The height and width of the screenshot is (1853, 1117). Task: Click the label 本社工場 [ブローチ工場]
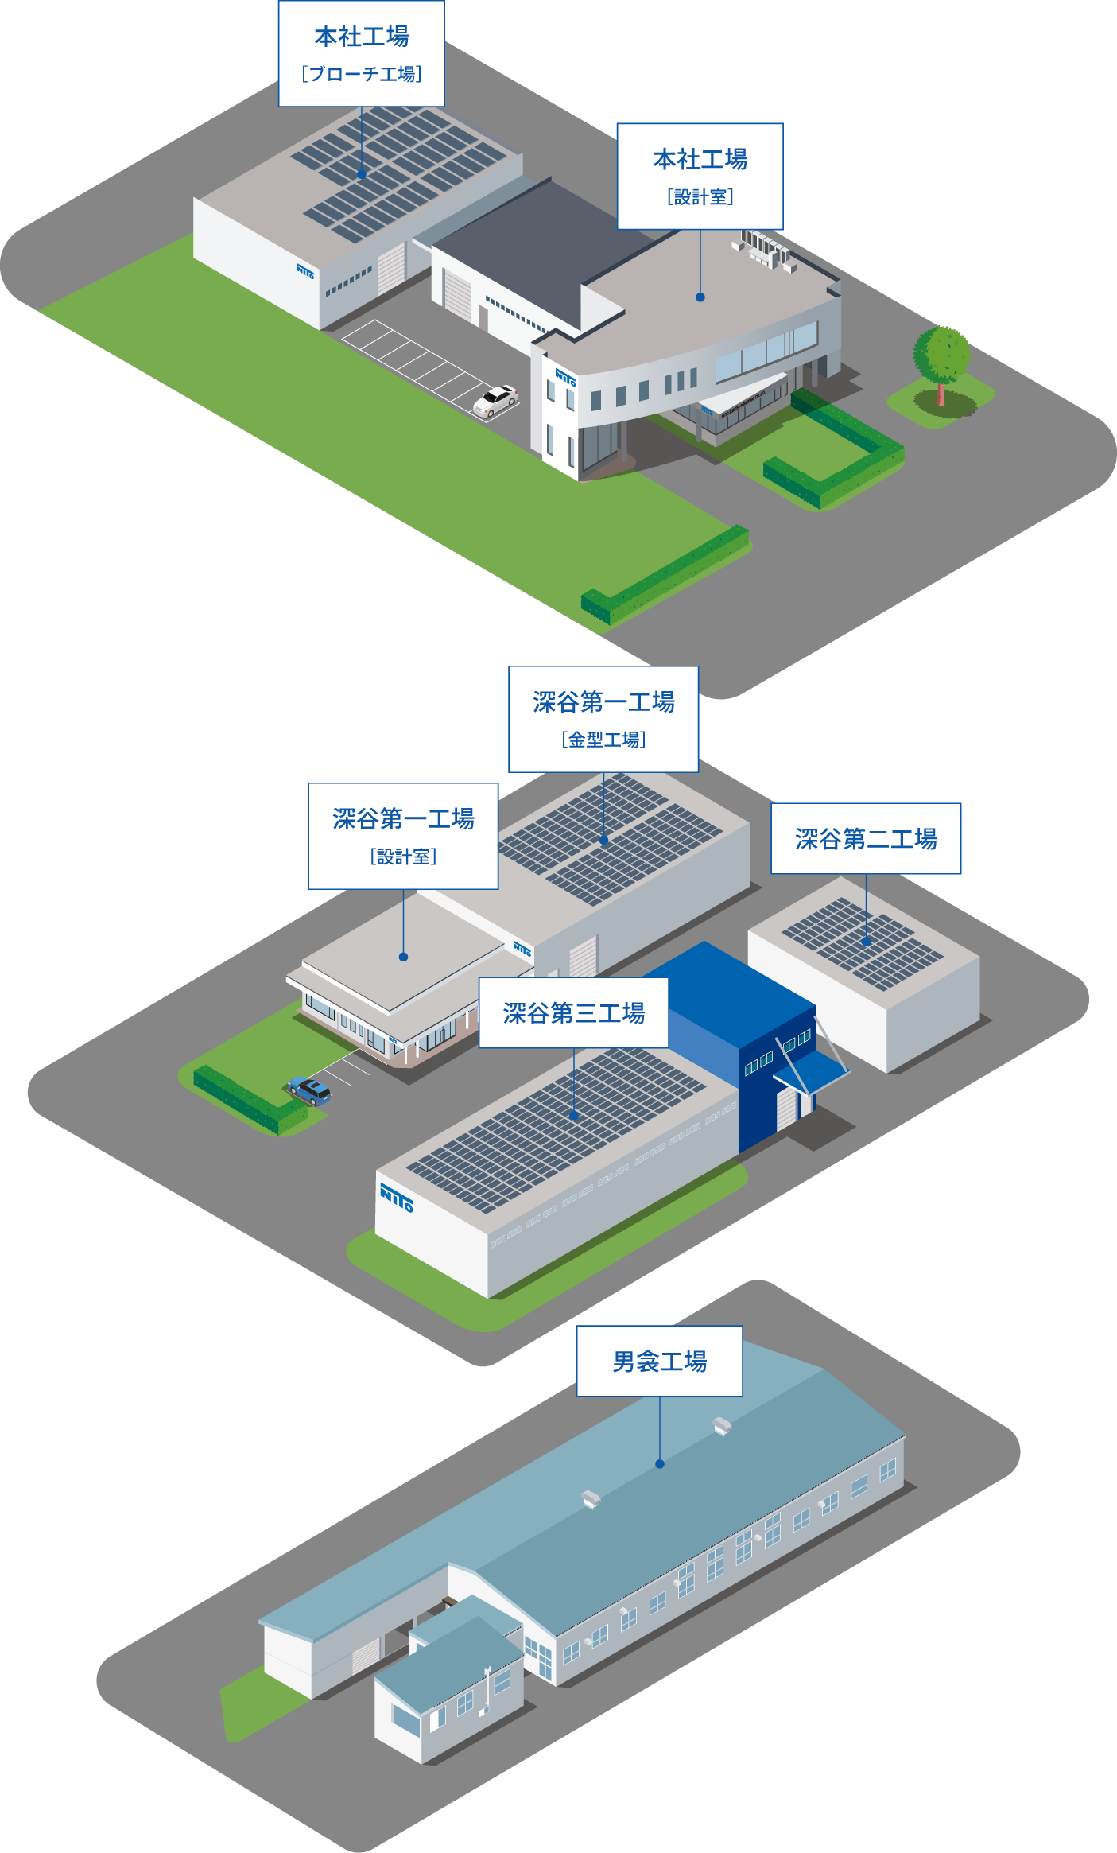point(361,54)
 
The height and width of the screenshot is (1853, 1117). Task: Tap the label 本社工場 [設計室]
point(700,177)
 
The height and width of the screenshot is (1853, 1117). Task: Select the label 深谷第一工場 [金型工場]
point(603,719)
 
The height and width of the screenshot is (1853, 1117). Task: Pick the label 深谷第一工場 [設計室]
point(403,836)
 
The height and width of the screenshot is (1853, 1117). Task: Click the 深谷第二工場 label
point(866,839)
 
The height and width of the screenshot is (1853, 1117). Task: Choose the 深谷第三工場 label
point(573,1013)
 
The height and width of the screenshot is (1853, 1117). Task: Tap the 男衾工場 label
point(659,1362)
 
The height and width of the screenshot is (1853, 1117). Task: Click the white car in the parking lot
point(495,400)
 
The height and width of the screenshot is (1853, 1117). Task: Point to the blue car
point(309,1090)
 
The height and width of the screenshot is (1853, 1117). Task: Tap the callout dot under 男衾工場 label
point(659,1464)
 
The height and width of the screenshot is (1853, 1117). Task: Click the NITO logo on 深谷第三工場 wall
point(396,1196)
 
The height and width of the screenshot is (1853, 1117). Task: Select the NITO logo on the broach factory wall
point(305,271)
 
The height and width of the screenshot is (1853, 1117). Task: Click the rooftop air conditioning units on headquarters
point(764,249)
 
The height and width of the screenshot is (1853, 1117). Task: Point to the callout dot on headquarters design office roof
point(700,297)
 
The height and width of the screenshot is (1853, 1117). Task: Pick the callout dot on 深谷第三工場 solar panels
point(574,1116)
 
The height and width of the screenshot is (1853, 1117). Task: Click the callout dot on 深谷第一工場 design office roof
point(403,957)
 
